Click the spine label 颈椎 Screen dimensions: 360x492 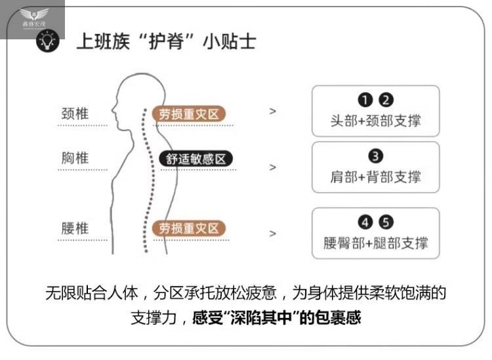click(75, 113)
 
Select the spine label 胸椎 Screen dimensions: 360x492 click(75, 159)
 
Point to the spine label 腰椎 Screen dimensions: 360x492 click(75, 229)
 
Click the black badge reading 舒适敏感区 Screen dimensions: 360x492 click(195, 159)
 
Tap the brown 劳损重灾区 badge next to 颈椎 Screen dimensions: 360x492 click(189, 114)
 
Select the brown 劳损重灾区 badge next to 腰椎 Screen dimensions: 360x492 click(189, 229)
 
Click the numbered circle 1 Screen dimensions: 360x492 click(365, 100)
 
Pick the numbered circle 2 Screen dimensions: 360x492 click(386, 100)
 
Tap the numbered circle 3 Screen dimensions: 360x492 click(376, 156)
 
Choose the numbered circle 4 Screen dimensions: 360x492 click(365, 222)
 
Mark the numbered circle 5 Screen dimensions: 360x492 click(386, 222)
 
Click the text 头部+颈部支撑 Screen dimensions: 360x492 click(375, 121)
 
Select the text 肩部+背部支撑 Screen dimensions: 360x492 click(375, 176)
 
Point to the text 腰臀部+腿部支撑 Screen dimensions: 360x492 click(375, 243)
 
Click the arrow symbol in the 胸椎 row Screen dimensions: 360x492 click(273, 167)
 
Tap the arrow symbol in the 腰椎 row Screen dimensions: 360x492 click(273, 233)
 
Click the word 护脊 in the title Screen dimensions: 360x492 click(156, 42)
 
